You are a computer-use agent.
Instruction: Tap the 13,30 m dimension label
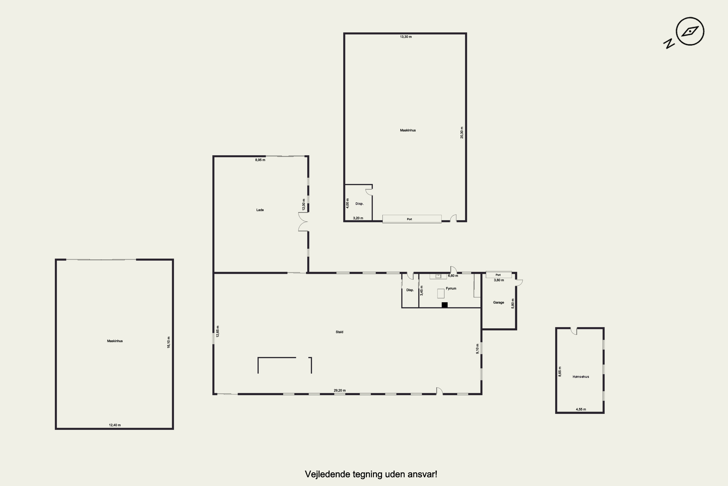click(406, 37)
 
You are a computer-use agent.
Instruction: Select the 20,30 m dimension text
click(462, 132)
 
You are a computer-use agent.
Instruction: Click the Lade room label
click(260, 210)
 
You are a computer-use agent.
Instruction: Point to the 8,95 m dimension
click(260, 160)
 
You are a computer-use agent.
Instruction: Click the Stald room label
click(339, 332)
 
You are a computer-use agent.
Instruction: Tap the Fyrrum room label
click(451, 289)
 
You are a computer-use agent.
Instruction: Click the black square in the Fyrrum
click(445, 305)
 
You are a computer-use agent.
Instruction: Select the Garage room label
click(499, 303)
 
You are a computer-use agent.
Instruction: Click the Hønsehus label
click(581, 377)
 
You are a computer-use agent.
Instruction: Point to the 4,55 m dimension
click(581, 409)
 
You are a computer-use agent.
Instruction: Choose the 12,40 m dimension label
click(115, 425)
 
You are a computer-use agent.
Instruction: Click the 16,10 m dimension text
click(169, 342)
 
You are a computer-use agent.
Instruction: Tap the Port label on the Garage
click(498, 275)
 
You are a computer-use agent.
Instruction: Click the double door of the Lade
click(303, 222)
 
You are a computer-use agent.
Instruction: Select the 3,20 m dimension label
click(358, 218)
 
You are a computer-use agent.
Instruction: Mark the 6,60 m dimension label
click(453, 276)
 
